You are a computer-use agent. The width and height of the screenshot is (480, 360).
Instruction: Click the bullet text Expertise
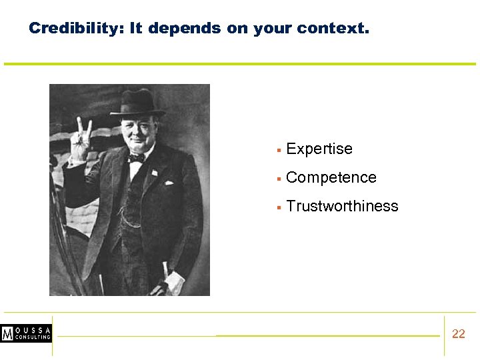[x=319, y=149]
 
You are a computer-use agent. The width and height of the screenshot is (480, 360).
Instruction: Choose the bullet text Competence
[x=331, y=177]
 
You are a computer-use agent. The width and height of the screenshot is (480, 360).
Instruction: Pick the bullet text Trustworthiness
[x=342, y=206]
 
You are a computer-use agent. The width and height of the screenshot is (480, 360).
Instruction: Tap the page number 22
[x=459, y=334]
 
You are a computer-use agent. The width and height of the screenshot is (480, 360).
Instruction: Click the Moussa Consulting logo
[x=26, y=333]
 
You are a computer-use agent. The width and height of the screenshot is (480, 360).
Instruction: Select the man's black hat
[x=137, y=103]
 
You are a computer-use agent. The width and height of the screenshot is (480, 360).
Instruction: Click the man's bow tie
[x=137, y=158]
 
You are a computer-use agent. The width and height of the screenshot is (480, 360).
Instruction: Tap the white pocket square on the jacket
[x=169, y=182]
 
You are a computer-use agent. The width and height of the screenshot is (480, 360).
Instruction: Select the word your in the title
[x=272, y=29]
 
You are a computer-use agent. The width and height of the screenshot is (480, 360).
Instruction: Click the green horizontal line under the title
[x=240, y=64]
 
